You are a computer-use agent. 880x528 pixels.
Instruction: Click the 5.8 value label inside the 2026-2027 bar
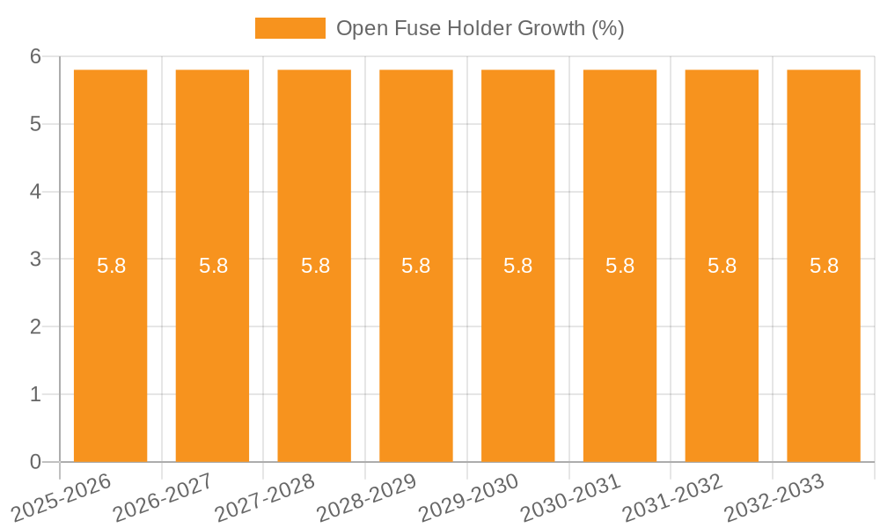[x=213, y=266]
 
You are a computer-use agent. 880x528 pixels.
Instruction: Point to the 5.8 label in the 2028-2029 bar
[x=416, y=266]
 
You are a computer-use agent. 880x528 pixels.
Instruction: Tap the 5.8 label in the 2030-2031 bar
[x=620, y=266]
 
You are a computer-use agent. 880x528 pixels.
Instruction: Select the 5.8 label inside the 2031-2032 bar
[x=722, y=266]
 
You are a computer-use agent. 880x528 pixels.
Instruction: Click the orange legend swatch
[x=290, y=28]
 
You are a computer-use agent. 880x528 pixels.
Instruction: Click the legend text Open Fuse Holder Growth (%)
[x=480, y=28]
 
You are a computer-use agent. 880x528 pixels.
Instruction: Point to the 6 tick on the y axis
[x=36, y=56]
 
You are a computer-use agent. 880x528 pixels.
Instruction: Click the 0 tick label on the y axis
[x=36, y=462]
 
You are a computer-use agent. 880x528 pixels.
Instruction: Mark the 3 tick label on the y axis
[x=36, y=260]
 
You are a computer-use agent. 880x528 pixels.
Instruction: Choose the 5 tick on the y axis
[x=36, y=124]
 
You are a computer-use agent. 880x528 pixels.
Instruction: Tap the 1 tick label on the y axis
[x=36, y=394]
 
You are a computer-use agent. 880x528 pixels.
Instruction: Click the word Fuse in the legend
[x=406, y=28]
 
